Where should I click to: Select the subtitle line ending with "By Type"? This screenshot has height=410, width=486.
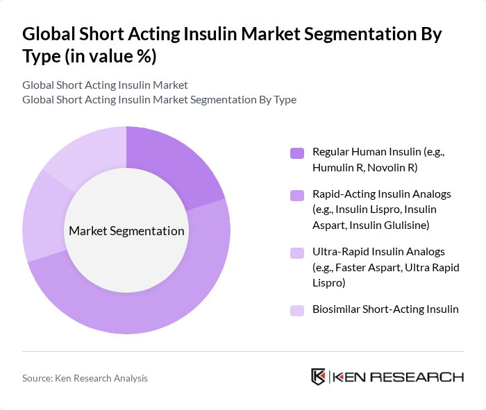pos(159,99)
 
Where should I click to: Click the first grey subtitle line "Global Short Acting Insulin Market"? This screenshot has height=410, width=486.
pos(105,85)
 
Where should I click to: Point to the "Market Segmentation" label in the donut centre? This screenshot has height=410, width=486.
pos(126,231)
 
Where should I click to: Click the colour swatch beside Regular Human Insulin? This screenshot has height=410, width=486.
pos(297,153)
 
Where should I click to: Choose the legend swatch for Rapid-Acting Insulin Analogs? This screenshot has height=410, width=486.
pos(297,196)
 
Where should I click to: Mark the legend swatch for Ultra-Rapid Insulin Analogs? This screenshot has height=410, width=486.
pos(297,253)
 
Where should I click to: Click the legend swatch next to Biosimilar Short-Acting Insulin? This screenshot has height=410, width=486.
pos(297,310)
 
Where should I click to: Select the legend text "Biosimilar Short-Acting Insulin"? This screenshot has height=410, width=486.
pos(385,309)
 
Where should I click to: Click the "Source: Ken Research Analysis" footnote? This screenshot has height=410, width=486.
pos(85,378)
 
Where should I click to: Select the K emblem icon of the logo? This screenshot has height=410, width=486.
pos(319,377)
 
